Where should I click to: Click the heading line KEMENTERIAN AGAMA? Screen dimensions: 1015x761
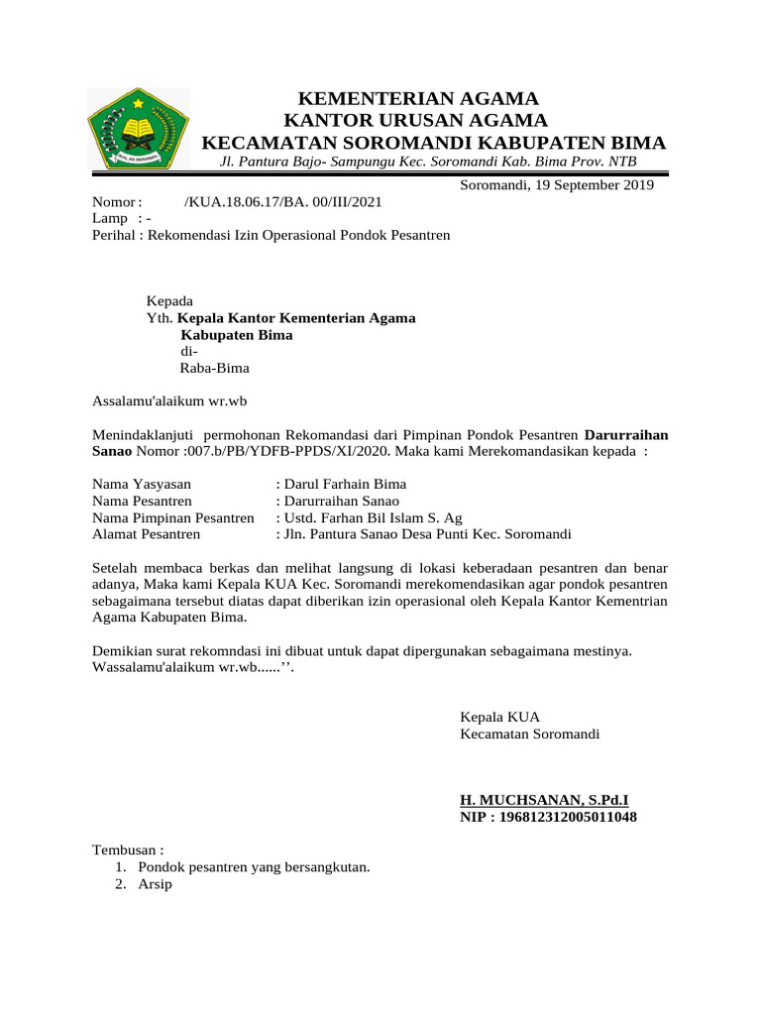pyautogui.click(x=419, y=98)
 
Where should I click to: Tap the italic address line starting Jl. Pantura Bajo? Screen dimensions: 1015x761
pyautogui.click(x=428, y=163)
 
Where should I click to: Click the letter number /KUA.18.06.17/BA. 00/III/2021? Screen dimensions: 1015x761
pyautogui.click(x=282, y=202)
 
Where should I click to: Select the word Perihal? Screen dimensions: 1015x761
pyautogui.click(x=112, y=235)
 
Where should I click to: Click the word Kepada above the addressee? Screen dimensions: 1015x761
pyautogui.click(x=169, y=301)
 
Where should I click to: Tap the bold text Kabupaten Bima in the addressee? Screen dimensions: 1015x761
pyautogui.click(x=236, y=335)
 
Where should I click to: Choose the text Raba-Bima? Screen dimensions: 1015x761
pyautogui.click(x=214, y=368)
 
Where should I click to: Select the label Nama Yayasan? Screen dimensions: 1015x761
pyautogui.click(x=142, y=484)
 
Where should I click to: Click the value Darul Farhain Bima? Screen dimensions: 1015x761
pyautogui.click(x=345, y=484)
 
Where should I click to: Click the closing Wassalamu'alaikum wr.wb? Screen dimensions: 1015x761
pyautogui.click(x=192, y=667)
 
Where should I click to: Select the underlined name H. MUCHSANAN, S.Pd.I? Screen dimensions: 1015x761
pyautogui.click(x=544, y=800)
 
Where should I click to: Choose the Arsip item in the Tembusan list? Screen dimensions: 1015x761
pyautogui.click(x=156, y=884)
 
